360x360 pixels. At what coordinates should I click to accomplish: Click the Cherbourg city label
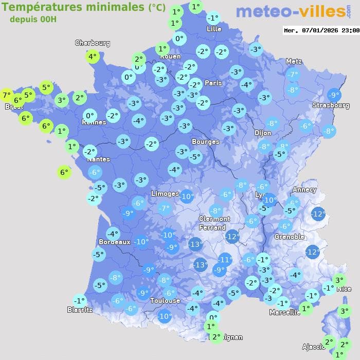(x=93, y=43)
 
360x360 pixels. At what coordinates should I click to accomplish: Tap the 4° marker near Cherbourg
(x=93, y=57)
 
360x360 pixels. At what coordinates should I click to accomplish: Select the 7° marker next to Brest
(x=7, y=95)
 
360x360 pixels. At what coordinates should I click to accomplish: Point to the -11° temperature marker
(x=225, y=260)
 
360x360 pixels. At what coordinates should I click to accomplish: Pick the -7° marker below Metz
(x=293, y=75)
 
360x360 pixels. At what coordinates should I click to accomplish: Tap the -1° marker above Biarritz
(x=79, y=300)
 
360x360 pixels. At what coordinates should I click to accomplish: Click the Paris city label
(x=213, y=83)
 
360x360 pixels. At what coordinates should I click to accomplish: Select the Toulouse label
(x=165, y=300)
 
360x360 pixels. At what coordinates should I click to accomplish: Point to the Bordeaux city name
(x=114, y=242)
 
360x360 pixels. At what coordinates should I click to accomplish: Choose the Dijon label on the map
(x=262, y=133)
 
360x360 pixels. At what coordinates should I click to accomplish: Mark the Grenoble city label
(x=289, y=237)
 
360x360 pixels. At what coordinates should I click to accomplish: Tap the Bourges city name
(x=205, y=141)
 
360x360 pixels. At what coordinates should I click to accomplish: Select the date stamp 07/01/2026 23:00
(x=321, y=31)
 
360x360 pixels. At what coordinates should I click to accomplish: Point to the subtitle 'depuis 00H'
(x=33, y=19)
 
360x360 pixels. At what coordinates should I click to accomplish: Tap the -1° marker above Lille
(x=213, y=18)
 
